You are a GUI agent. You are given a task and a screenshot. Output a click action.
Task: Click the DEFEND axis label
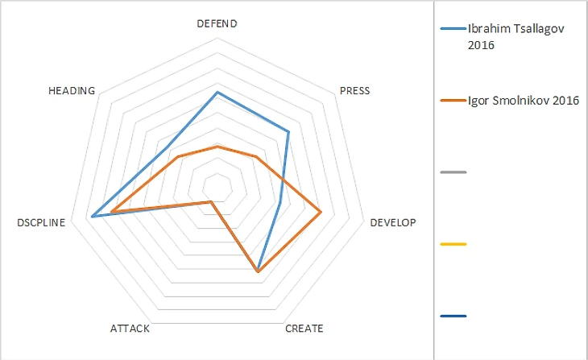pos(217,23)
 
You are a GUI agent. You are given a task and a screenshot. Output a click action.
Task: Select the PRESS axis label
pos(354,91)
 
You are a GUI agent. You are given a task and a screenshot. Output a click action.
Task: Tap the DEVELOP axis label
pos(392,222)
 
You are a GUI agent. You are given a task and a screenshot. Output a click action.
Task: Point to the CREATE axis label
pos(304,329)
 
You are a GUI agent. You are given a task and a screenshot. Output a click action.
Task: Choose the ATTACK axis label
pos(129,329)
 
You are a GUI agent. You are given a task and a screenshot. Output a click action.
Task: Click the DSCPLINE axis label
pos(40,222)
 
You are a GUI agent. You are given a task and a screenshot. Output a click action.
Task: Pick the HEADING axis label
pos(72,91)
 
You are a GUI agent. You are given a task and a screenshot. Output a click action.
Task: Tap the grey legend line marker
pos(453,172)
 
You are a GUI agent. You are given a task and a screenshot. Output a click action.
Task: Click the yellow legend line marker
pos(453,243)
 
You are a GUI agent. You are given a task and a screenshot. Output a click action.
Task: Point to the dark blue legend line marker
pos(453,316)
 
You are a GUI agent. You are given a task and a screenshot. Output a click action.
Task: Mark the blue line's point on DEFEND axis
pos(217,93)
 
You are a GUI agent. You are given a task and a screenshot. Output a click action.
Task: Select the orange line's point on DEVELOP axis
pos(321,212)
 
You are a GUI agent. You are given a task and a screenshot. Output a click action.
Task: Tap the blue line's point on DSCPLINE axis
pos(93,216)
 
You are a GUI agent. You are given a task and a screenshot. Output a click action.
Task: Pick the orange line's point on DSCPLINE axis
pos(112,212)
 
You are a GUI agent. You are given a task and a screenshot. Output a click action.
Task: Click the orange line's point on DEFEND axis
pos(217,147)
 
